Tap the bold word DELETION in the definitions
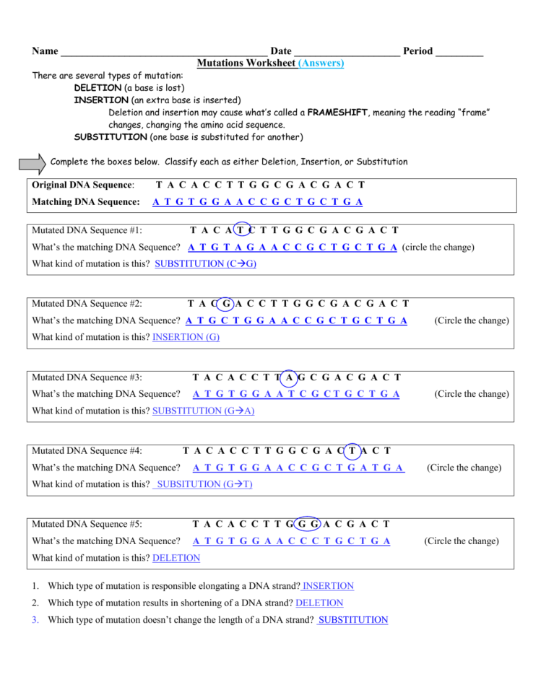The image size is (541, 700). [x=98, y=87]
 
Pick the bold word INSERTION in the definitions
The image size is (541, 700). [x=101, y=100]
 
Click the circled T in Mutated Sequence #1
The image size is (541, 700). [x=242, y=231]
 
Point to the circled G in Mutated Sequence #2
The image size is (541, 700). [x=227, y=304]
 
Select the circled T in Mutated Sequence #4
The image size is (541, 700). [x=352, y=451]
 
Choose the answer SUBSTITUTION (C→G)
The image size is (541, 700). [x=206, y=264]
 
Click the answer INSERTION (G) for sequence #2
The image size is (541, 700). [x=186, y=337]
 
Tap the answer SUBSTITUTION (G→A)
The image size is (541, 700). [x=204, y=411]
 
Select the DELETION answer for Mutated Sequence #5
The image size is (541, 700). [x=176, y=558]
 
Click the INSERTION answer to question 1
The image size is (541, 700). [x=329, y=586]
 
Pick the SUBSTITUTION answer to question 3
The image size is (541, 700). [x=353, y=620]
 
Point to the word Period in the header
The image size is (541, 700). [x=418, y=51]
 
